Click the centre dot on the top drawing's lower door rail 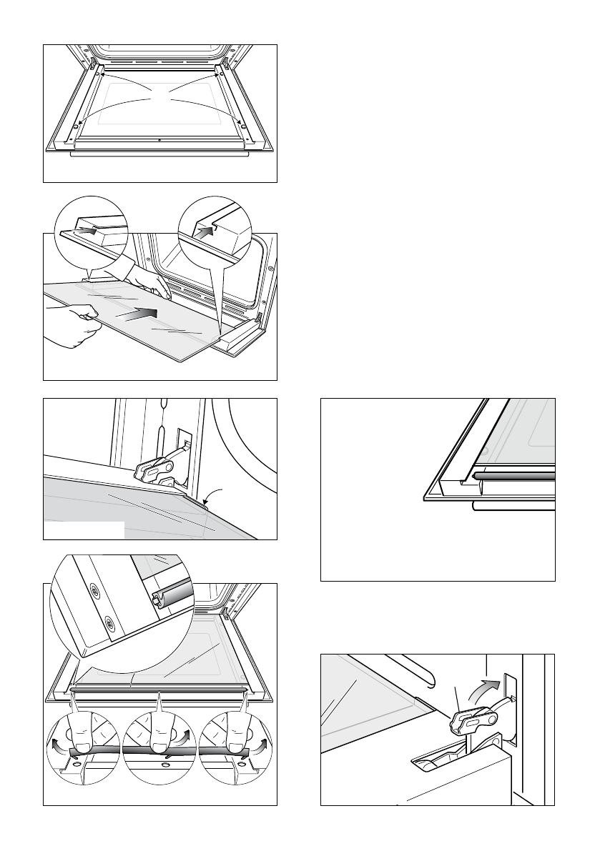(x=158, y=140)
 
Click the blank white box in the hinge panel (x=84, y=529)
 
